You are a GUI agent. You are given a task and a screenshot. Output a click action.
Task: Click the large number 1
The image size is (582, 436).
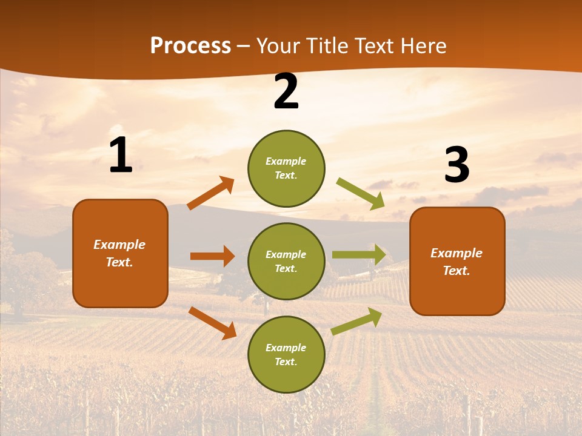[x=121, y=155]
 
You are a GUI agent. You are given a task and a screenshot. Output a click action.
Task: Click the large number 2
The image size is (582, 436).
[x=286, y=91]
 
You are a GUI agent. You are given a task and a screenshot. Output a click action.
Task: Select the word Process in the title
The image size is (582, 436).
[x=190, y=45]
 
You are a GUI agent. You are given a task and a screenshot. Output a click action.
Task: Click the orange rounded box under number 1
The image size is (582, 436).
[x=120, y=253]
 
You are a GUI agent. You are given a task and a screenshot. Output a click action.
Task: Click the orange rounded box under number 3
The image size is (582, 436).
[x=457, y=261]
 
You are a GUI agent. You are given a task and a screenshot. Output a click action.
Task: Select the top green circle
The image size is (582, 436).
[x=286, y=168]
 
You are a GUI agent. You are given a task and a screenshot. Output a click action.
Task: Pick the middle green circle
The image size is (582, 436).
[x=286, y=261]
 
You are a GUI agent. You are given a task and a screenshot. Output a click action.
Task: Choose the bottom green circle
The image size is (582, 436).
[x=286, y=354]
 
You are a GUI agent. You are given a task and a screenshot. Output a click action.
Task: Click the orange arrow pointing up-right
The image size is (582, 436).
[x=211, y=193]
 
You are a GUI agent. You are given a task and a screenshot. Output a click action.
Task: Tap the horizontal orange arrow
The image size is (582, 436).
[x=212, y=256]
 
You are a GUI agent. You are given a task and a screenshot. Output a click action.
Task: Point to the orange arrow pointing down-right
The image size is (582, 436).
[x=212, y=323]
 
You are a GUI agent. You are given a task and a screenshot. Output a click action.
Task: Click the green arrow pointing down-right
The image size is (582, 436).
[x=361, y=194]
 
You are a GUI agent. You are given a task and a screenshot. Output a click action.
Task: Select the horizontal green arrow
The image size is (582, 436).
[x=359, y=255]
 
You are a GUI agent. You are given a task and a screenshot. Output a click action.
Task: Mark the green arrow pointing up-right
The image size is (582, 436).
[x=357, y=322]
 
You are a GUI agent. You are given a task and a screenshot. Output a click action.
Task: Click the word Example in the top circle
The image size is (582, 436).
[x=286, y=161]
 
